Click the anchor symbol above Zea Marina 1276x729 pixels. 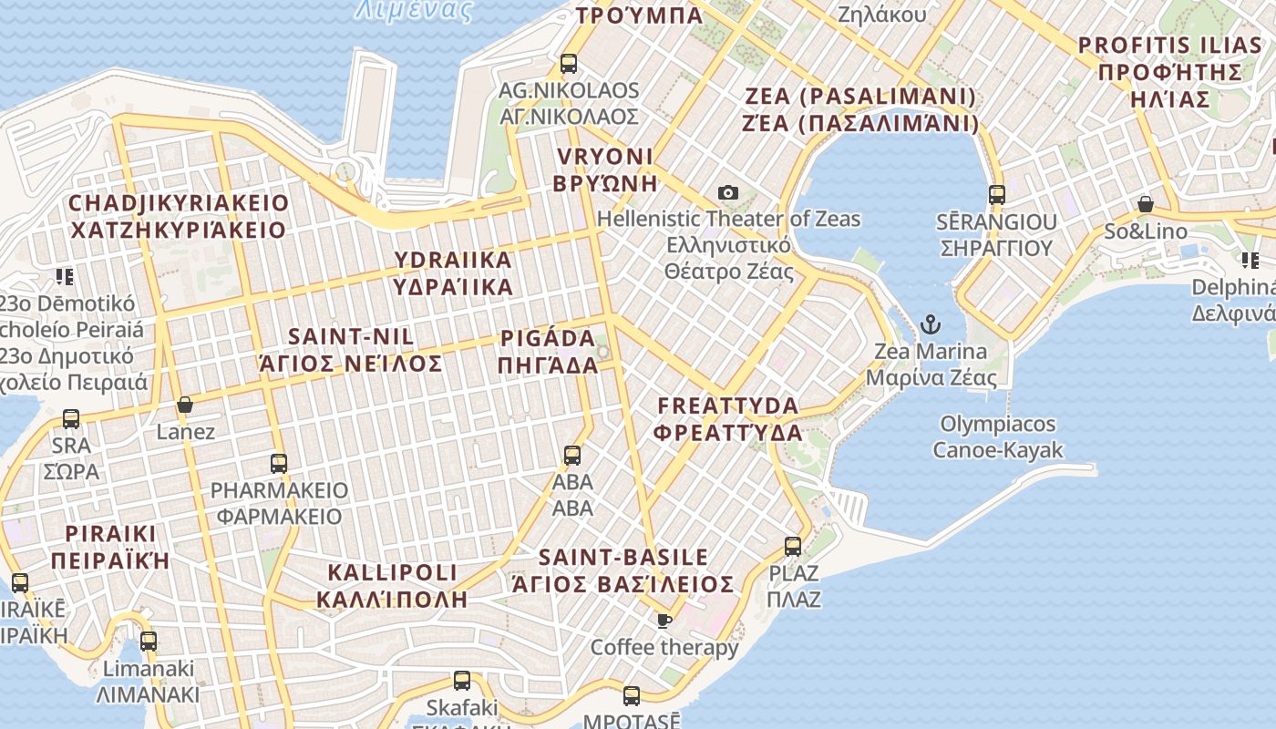(930, 323)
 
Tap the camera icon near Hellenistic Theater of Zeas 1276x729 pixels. (727, 192)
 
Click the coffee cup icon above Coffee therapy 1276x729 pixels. (664, 621)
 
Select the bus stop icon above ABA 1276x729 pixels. (572, 455)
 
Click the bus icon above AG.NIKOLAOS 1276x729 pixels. (569, 64)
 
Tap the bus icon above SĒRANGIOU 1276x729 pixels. (996, 195)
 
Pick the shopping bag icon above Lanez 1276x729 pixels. (185, 405)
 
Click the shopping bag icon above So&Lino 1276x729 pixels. (1146, 204)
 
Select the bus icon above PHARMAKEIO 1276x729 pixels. (279, 463)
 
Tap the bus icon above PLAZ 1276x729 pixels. (793, 547)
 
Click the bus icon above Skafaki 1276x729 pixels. (462, 680)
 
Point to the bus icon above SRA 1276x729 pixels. (71, 419)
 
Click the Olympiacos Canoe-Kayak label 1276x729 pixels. (997, 436)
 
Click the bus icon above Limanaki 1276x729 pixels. (149, 642)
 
